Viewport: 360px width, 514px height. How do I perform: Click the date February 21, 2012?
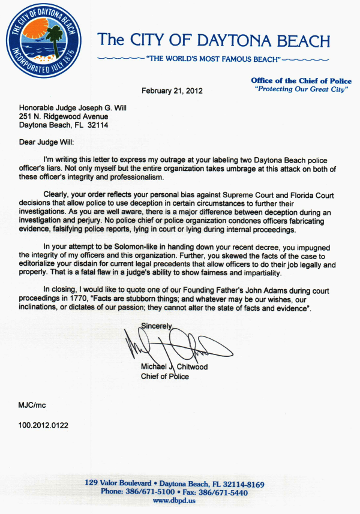(172, 91)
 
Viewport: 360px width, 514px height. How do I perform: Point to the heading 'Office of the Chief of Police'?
(301, 80)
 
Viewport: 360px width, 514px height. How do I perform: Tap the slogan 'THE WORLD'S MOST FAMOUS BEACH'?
(213, 60)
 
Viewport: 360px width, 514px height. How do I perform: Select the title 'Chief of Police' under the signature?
(164, 377)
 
